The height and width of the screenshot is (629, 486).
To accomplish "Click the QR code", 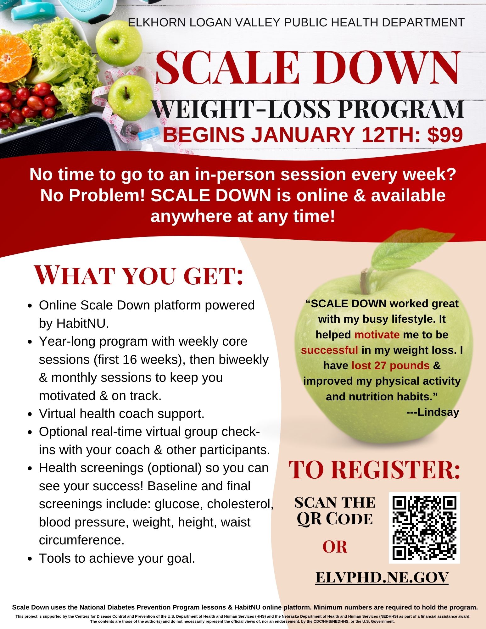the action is [x=424, y=528].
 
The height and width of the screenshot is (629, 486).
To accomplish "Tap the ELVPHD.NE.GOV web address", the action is [x=382, y=577].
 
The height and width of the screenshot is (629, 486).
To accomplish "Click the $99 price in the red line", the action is [x=445, y=135].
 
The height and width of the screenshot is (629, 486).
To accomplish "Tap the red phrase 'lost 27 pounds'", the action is [x=390, y=365].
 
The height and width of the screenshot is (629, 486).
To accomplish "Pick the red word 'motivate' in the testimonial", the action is [x=377, y=335].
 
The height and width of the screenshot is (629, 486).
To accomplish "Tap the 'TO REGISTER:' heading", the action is [x=374, y=469].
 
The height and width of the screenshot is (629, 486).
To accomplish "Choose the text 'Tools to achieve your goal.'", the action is [x=117, y=559].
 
